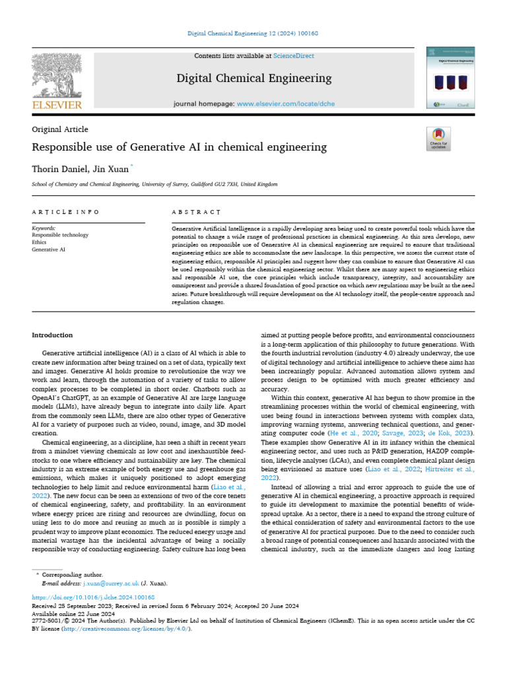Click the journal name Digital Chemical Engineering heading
click(254, 79)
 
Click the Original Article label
click(59, 129)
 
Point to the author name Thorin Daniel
click(57, 169)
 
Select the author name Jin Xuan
click(112, 169)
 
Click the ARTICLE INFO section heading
click(65, 212)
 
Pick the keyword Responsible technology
click(60, 235)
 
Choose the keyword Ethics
click(40, 242)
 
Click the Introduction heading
click(52, 335)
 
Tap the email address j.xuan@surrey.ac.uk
click(116, 584)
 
